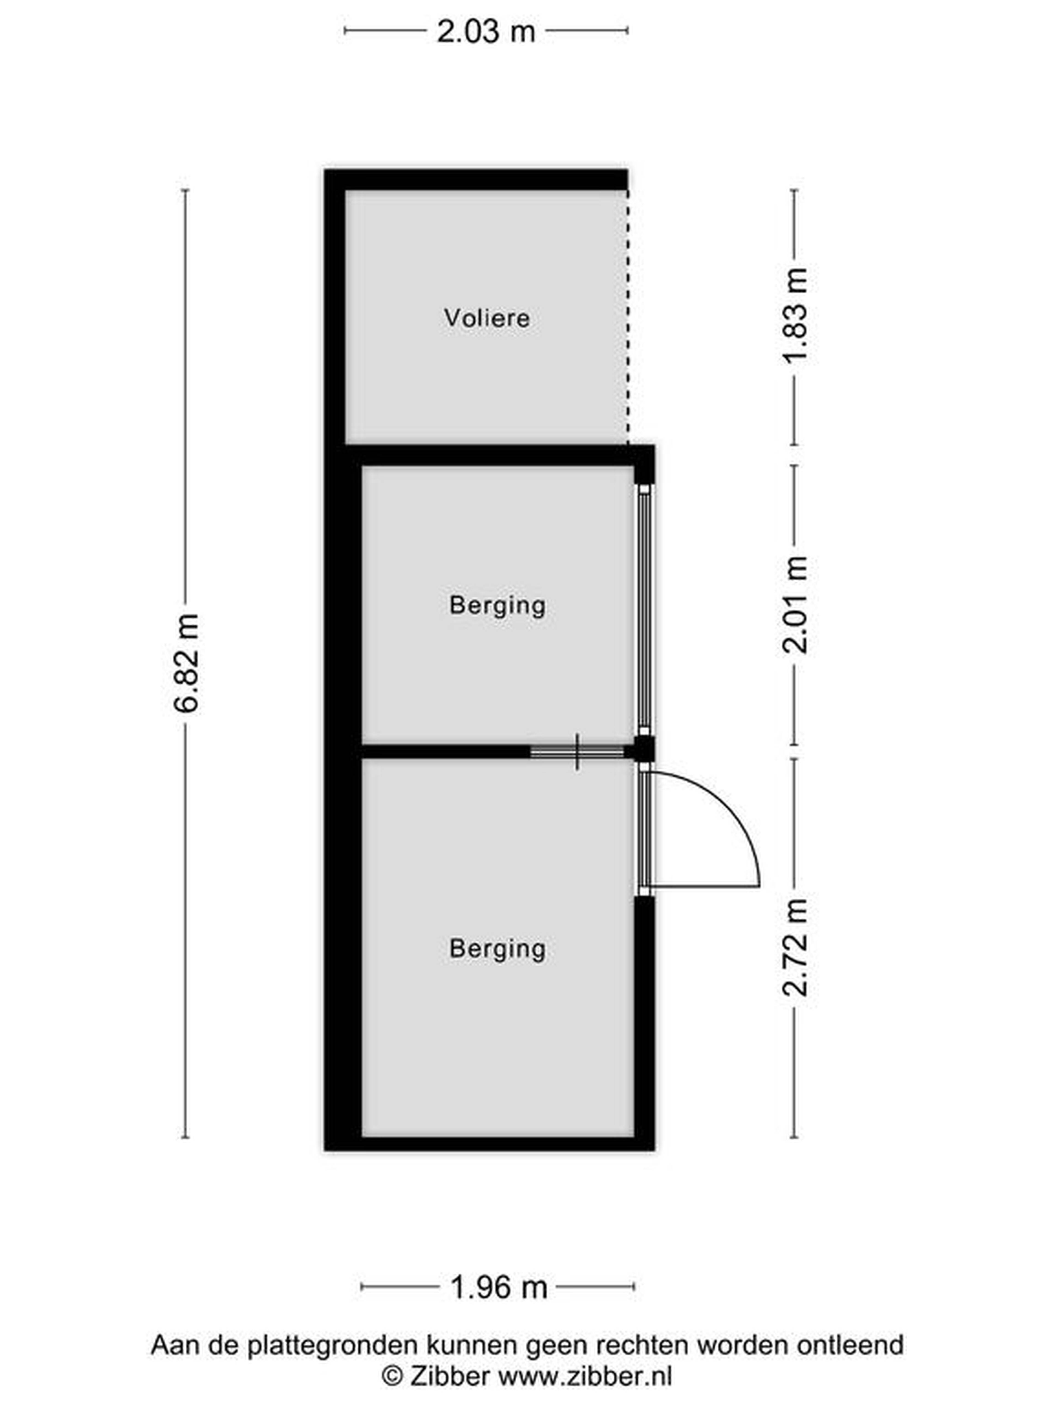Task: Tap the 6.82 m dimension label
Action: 187,663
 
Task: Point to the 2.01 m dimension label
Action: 795,605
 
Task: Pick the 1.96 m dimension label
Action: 498,1287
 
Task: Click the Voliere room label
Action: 487,317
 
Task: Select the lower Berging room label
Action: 497,949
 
